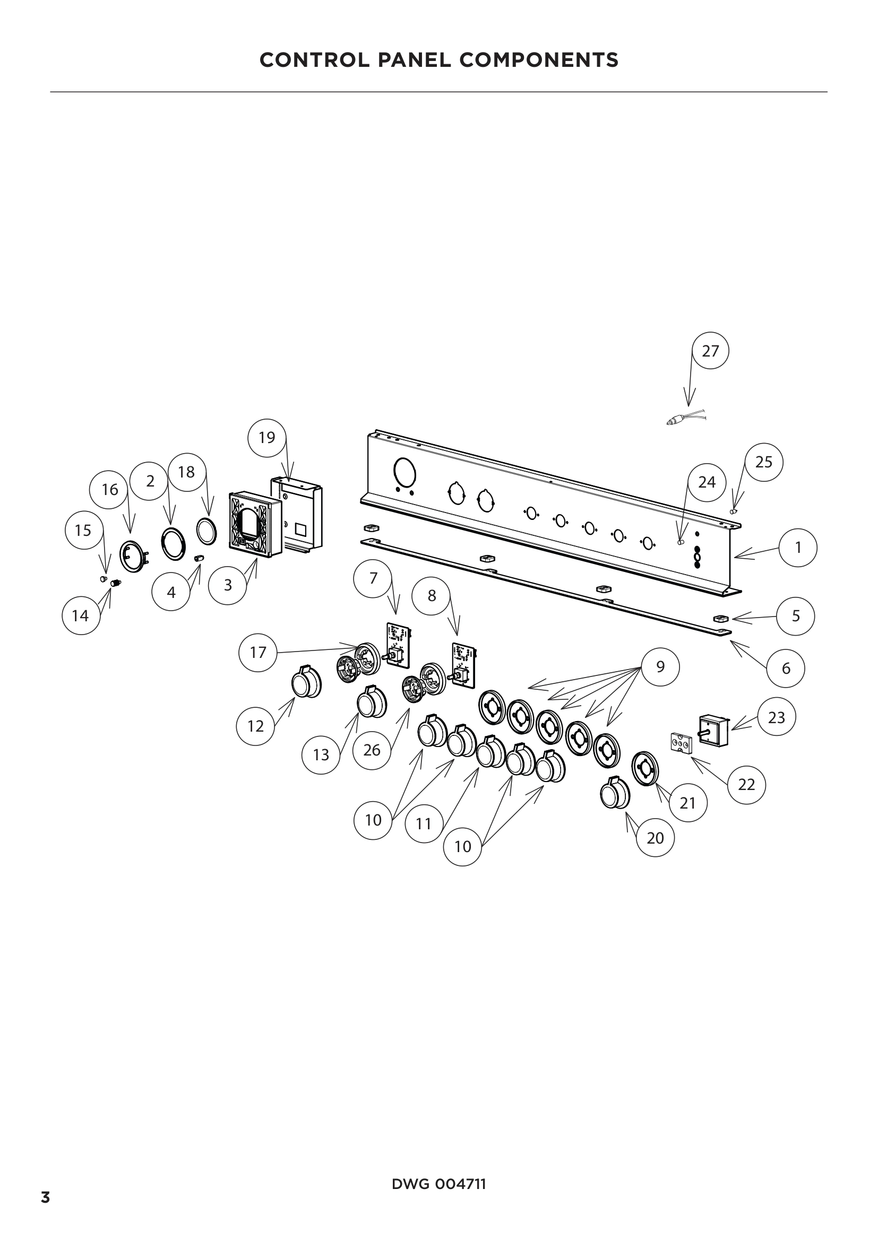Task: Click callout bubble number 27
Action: tap(710, 351)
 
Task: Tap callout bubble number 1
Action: tap(798, 548)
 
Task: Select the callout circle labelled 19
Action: tap(267, 437)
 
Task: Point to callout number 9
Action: tap(660, 666)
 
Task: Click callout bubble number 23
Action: tap(777, 717)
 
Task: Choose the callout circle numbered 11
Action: tap(424, 824)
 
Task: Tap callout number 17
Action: tap(258, 653)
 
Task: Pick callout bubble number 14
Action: tap(81, 615)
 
